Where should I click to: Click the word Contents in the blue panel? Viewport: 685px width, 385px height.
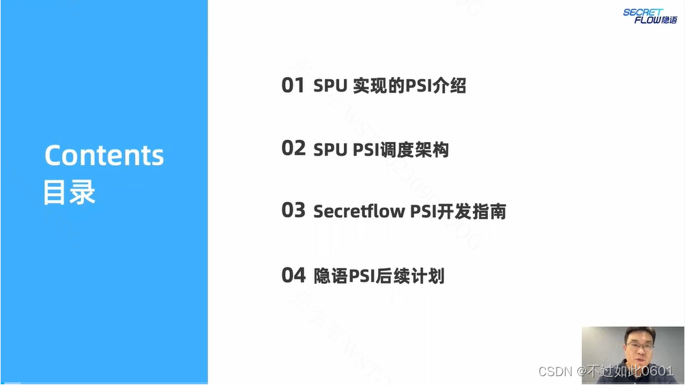pos(104,156)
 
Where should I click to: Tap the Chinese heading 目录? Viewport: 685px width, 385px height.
pos(70,192)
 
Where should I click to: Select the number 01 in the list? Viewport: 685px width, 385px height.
pos(293,85)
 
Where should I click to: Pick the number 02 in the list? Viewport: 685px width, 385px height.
pos(293,149)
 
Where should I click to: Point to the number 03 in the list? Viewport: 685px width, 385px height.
pos(293,210)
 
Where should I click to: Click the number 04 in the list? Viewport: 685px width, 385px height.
pos(293,275)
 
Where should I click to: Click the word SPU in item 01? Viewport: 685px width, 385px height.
pos(331,86)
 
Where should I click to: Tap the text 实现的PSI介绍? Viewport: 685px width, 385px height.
pos(409,86)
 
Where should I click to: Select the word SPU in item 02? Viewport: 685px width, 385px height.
pos(331,149)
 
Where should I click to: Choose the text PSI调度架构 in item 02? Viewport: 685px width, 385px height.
pos(401,149)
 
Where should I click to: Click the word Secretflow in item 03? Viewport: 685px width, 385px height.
pos(359,211)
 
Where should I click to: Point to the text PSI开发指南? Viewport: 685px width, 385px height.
pos(458,211)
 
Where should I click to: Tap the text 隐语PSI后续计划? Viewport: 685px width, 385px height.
pos(379,276)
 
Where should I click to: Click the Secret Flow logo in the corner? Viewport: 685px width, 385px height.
pos(650,16)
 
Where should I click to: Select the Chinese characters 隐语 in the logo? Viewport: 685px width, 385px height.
pos(668,20)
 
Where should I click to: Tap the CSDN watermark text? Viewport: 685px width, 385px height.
pos(555,371)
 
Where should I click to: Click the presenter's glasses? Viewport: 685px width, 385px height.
pos(641,344)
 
